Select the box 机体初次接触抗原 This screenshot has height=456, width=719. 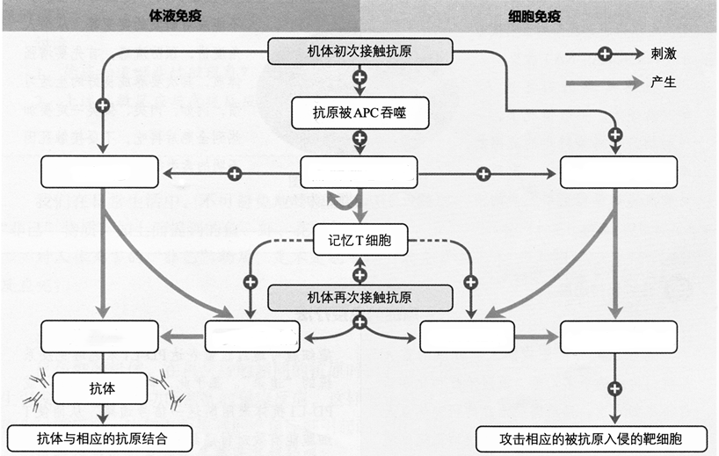359,52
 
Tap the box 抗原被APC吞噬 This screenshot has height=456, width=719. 359,112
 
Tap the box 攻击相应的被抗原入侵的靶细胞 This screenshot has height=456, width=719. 591,437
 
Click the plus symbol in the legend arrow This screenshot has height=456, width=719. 605,54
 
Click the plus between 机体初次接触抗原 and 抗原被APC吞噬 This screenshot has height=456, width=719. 359,79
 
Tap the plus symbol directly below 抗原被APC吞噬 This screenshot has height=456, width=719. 359,138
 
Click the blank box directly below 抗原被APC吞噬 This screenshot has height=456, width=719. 359,172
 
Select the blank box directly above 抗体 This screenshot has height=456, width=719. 99,337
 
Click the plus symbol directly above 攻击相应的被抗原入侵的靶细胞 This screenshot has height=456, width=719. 615,387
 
